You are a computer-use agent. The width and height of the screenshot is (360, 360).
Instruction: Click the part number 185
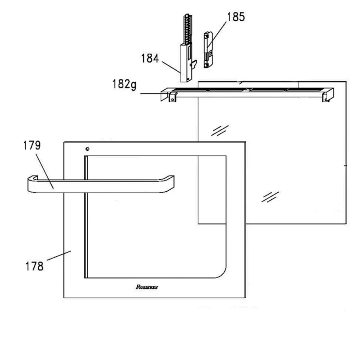(236, 17)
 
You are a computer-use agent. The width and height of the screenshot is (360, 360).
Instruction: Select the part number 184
(150, 59)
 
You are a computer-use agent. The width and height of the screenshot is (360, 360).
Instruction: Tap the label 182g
(124, 84)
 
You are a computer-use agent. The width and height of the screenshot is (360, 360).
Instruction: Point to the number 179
(32, 145)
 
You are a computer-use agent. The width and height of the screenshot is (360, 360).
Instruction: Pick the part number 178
(35, 266)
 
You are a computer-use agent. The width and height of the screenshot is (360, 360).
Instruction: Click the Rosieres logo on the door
(147, 287)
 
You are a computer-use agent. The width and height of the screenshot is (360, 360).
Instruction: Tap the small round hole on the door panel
(87, 149)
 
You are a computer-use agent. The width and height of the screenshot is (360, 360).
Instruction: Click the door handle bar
(101, 184)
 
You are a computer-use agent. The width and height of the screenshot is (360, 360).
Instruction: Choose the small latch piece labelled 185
(208, 50)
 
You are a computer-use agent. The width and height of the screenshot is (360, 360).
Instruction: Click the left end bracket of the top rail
(168, 95)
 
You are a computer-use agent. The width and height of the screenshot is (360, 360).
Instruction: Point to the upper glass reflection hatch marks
(220, 130)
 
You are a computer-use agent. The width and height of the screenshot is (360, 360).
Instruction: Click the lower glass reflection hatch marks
(270, 197)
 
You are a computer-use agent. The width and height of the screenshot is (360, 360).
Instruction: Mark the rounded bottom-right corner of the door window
(222, 274)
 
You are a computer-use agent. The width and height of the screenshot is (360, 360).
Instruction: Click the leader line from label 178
(59, 255)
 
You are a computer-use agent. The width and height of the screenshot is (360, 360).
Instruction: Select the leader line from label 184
(171, 67)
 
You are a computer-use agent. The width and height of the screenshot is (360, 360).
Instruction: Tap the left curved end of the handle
(32, 183)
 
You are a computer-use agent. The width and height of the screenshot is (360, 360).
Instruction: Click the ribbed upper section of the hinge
(188, 29)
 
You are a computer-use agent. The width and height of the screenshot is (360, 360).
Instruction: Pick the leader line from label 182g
(153, 94)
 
